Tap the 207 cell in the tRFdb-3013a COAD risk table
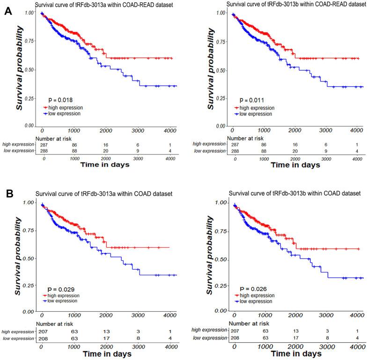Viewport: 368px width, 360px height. click(x=43, y=330)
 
